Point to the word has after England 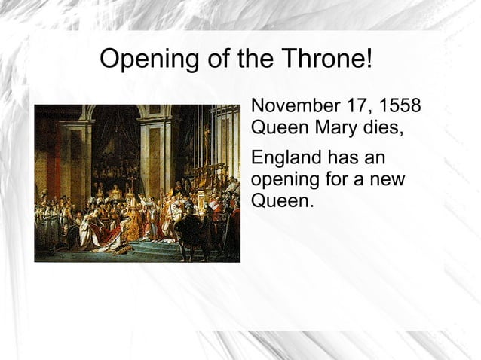342,160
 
